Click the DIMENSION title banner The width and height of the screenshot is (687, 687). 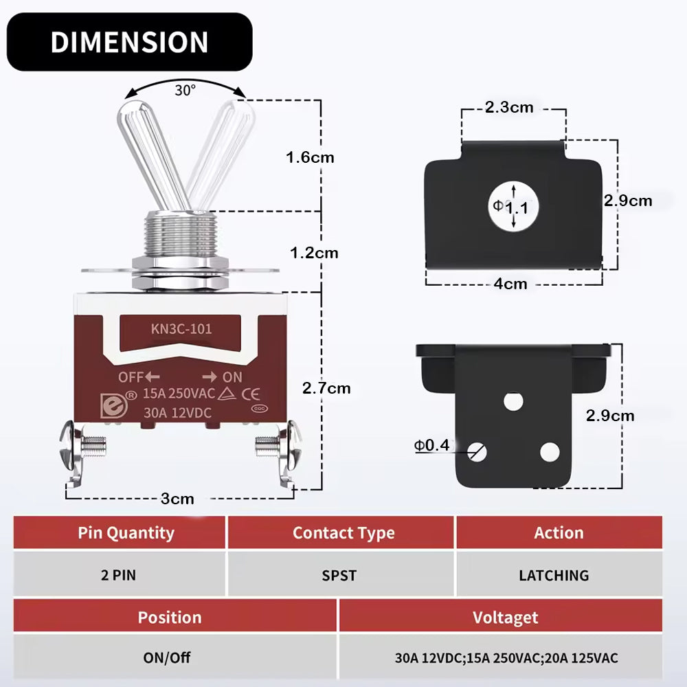[x=129, y=42]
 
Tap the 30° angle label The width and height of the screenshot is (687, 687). [x=185, y=90]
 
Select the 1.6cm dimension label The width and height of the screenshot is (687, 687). [x=310, y=157]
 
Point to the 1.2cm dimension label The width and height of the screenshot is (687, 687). [x=314, y=253]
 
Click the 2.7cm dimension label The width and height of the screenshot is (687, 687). [x=326, y=388]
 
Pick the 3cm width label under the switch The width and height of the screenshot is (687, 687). [x=177, y=499]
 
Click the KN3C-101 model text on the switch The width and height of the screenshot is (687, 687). [x=181, y=329]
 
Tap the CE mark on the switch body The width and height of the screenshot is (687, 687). [x=251, y=394]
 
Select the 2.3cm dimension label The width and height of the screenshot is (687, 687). [x=508, y=107]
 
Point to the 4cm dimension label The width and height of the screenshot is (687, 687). [x=510, y=284]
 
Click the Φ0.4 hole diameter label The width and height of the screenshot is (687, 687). [x=431, y=446]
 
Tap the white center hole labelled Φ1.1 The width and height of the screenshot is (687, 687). [x=513, y=205]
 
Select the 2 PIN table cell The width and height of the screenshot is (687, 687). [x=119, y=575]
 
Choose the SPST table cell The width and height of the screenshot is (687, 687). [x=339, y=575]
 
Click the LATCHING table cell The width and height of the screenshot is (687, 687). [x=554, y=575]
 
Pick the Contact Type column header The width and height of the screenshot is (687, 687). [x=343, y=533]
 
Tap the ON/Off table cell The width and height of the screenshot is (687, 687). [x=167, y=657]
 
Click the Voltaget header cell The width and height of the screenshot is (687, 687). [x=505, y=617]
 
